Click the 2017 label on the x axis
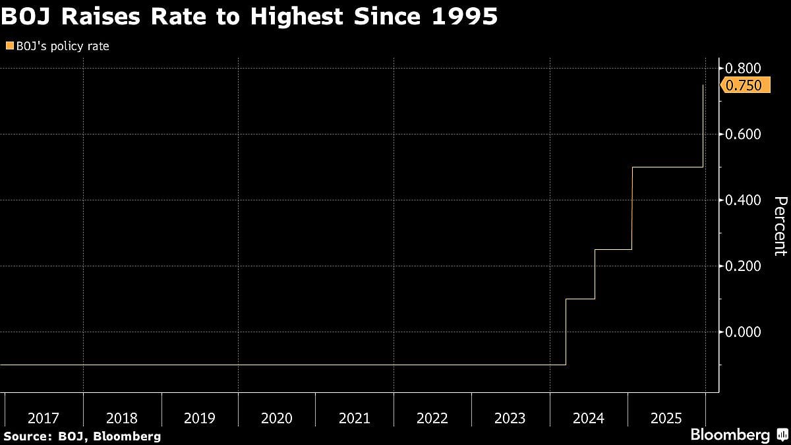(x=44, y=418)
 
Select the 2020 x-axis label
(x=277, y=418)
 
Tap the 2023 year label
(x=510, y=418)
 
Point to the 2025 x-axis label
(x=666, y=418)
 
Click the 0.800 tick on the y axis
(x=744, y=69)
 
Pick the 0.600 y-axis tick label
(x=744, y=134)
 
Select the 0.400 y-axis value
(x=744, y=200)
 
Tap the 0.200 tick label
(x=744, y=266)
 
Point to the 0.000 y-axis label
(x=744, y=332)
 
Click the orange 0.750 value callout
(x=746, y=86)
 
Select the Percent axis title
(x=780, y=226)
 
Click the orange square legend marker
(x=9, y=46)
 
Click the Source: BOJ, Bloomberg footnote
(x=81, y=436)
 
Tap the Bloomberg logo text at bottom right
(x=730, y=435)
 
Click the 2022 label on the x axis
(x=432, y=418)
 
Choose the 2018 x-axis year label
(x=122, y=418)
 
